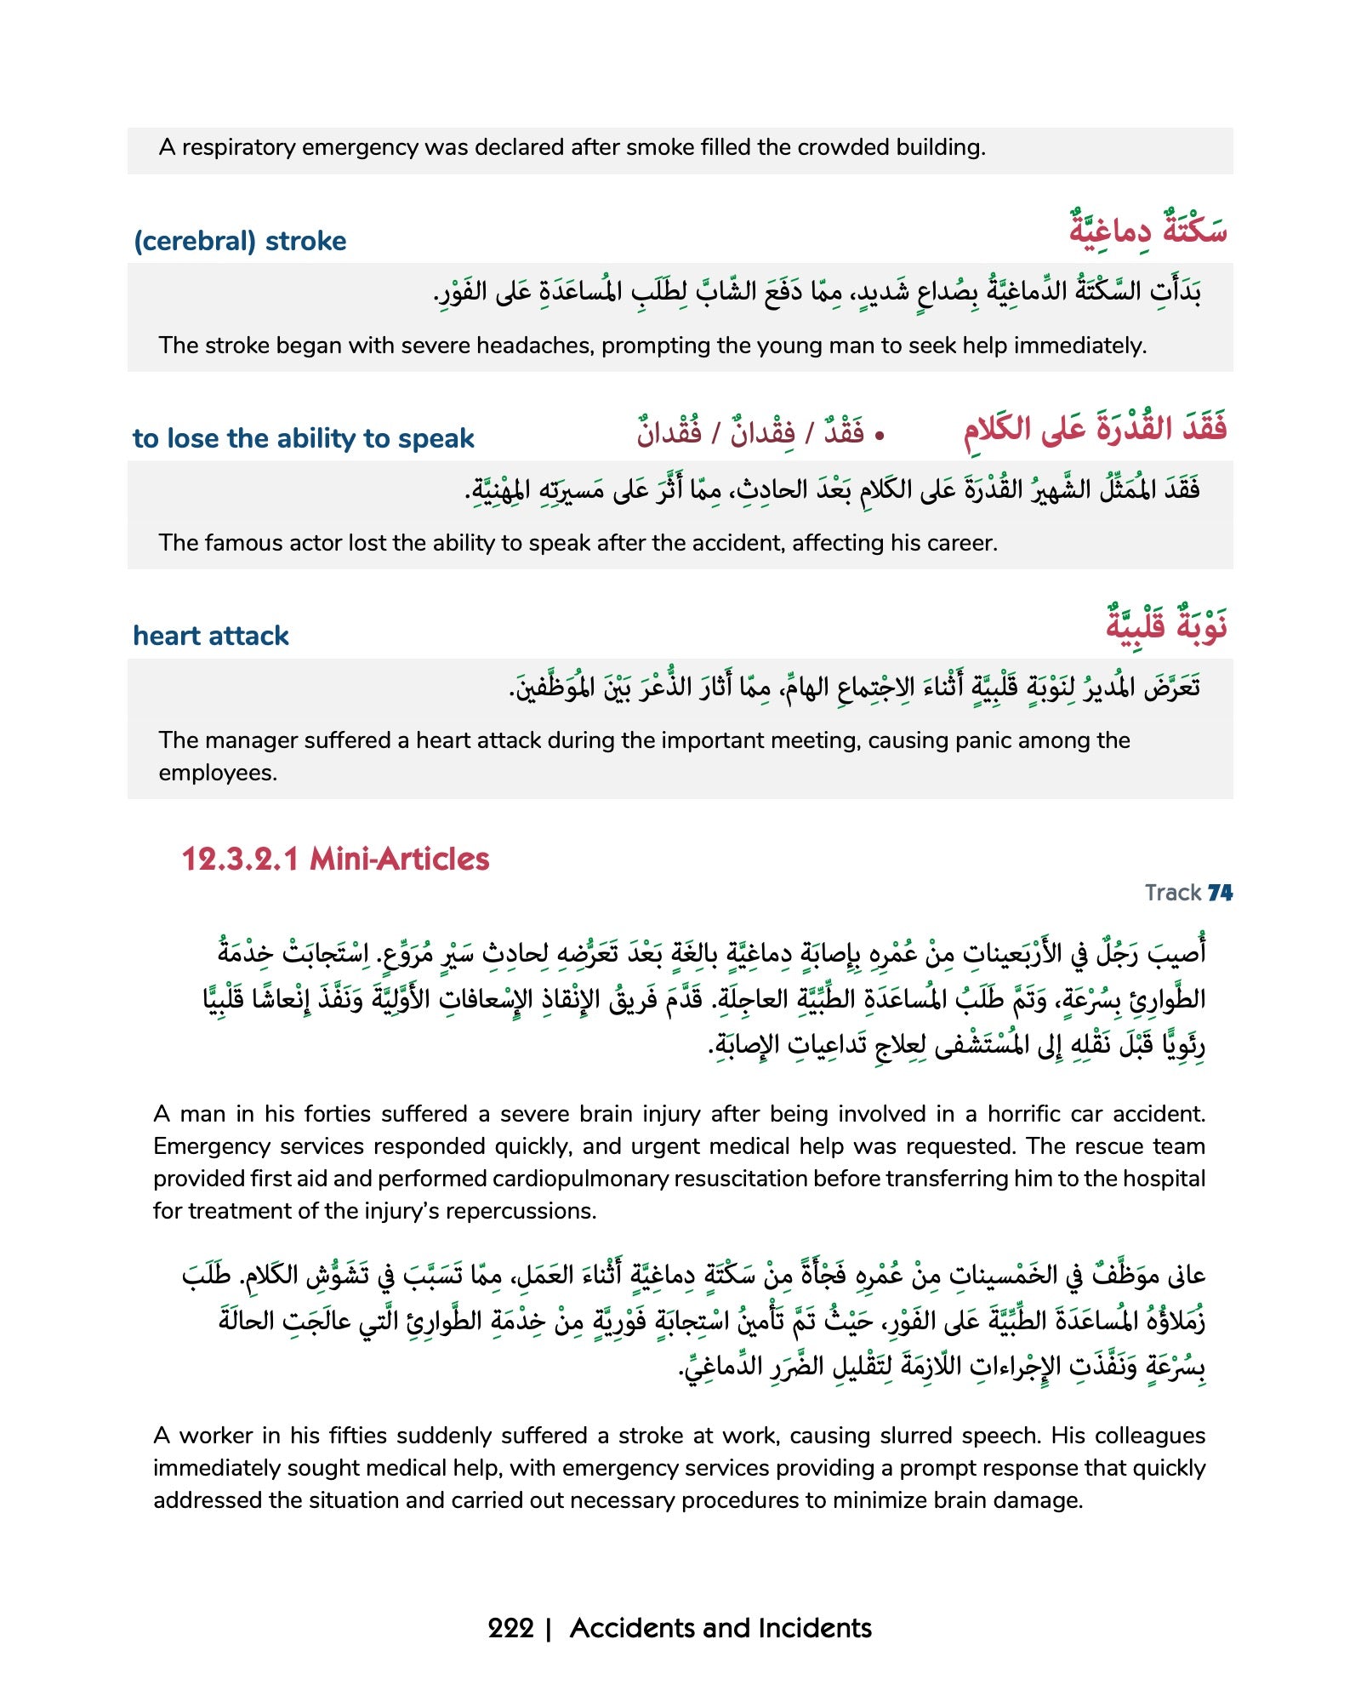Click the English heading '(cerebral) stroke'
240,242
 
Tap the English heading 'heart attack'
211,637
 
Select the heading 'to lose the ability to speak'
303,439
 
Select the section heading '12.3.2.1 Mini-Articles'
335,860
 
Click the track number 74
1220,893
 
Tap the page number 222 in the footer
510,1629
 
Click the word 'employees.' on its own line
218,774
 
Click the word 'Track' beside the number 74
1172,893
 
